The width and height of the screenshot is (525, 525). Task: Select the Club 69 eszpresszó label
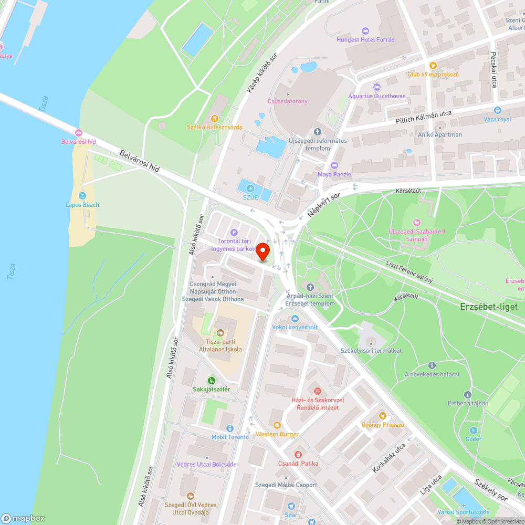pyautogui.click(x=433, y=75)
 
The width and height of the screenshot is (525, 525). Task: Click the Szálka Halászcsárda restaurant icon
pyautogui.click(x=214, y=118)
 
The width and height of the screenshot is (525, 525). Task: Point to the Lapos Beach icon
pyautogui.click(x=82, y=196)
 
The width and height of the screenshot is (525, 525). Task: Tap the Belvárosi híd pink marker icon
pyautogui.click(x=79, y=133)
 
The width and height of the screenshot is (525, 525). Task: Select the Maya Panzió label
pyautogui.click(x=334, y=174)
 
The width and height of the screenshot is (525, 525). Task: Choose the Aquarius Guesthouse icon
pyautogui.click(x=376, y=87)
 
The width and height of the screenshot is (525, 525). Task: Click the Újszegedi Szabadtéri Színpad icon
pyautogui.click(x=417, y=223)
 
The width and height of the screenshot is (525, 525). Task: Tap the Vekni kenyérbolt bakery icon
pyautogui.click(x=295, y=319)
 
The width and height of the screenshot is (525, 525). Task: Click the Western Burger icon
pyautogui.click(x=277, y=425)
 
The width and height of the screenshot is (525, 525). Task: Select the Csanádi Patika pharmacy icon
pyautogui.click(x=298, y=454)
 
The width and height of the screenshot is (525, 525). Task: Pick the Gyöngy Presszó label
pyautogui.click(x=383, y=425)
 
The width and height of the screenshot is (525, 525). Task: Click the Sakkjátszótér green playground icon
pyautogui.click(x=212, y=380)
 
